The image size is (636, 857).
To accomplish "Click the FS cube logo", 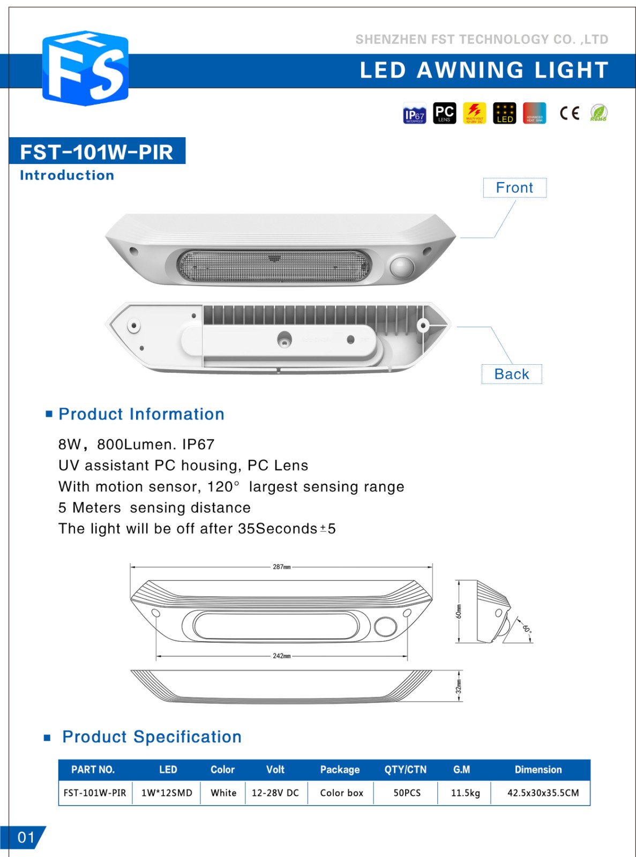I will [85, 68].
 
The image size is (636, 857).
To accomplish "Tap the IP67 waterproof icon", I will [414, 113].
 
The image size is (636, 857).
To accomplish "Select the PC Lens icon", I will [444, 113].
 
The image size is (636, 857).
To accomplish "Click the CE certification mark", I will [569, 113].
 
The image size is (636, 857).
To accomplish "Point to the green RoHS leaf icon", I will [598, 113].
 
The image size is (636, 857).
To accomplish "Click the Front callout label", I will [514, 188].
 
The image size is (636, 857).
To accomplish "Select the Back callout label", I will [511, 374].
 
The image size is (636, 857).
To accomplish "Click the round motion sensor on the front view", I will [401, 267].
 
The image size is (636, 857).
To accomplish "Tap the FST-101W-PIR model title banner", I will [97, 152].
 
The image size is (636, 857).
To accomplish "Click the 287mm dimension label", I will [281, 567].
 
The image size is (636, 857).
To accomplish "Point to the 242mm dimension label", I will [281, 656].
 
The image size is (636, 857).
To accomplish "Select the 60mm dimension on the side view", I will [459, 611].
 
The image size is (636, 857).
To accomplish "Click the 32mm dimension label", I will [459, 686].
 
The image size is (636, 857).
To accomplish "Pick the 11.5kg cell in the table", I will [465, 793].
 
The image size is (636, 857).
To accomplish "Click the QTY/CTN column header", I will [405, 770].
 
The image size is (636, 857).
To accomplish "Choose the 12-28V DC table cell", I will [275, 793].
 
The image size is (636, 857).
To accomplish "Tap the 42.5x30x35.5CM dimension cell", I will [543, 793].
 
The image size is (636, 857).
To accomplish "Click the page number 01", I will [26, 837].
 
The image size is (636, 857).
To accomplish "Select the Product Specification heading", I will [152, 737].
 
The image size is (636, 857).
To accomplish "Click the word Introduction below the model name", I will [67, 175].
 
